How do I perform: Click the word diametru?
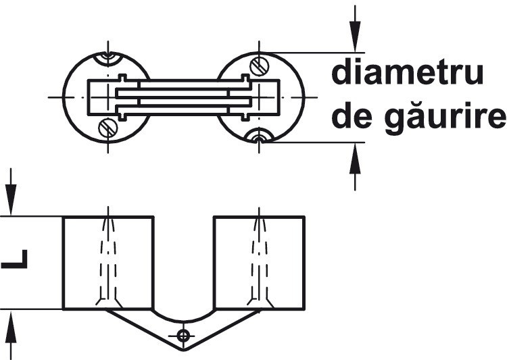pyautogui.click(x=408, y=73)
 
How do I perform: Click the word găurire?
pyautogui.click(x=445, y=118)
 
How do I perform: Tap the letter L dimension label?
pyautogui.click(x=15, y=259)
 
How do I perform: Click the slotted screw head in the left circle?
pyautogui.click(x=107, y=128)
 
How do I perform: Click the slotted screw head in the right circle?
pyautogui.click(x=259, y=67)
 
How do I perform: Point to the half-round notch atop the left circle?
pyautogui.click(x=108, y=58)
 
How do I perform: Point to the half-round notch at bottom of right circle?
pyautogui.click(x=259, y=136)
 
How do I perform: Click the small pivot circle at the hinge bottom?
pyautogui.click(x=183, y=336)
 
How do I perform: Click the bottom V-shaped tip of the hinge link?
pyautogui.click(x=184, y=350)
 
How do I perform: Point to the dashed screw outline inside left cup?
pyautogui.click(x=108, y=262)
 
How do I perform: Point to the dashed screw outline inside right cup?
pyautogui.click(x=260, y=262)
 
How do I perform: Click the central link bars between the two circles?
pyautogui.click(x=184, y=97)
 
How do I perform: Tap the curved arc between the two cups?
pyautogui.click(x=183, y=321)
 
